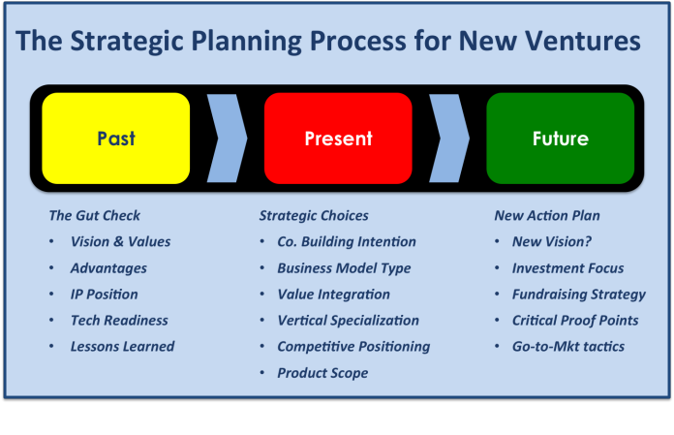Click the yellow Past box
115,138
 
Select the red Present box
338,138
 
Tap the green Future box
560,138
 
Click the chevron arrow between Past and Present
227,138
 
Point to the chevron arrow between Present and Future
449,138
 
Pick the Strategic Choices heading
313,215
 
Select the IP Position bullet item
105,294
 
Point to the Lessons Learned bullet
123,346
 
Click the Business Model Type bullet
344,267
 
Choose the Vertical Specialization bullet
348,320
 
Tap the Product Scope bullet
322,372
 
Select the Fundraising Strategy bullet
579,294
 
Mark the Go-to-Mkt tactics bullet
568,346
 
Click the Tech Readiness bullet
119,320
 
